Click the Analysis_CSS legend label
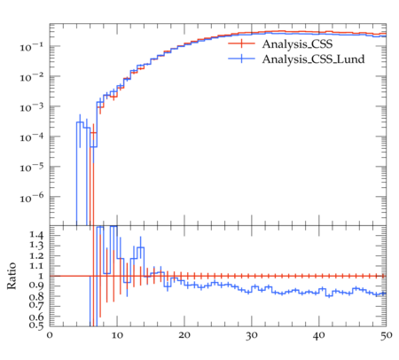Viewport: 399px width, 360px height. click(x=297, y=44)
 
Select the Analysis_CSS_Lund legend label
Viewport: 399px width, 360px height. click(x=313, y=59)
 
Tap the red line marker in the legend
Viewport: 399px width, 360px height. click(x=241, y=43)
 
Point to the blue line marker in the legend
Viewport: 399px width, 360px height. click(x=241, y=59)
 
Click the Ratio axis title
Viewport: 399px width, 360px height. click(x=12, y=276)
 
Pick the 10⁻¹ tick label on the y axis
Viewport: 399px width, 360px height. click(x=32, y=47)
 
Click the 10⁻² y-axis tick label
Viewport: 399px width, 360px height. click(x=32, y=77)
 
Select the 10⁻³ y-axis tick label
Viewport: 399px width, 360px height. click(x=32, y=107)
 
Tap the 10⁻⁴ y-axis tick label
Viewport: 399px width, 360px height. click(x=32, y=137)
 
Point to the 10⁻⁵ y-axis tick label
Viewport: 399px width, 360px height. click(x=32, y=167)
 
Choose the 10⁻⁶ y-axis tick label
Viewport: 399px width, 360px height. click(x=32, y=197)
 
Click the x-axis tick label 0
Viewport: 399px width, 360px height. click(x=50, y=336)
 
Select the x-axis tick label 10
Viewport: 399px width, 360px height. click(x=117, y=336)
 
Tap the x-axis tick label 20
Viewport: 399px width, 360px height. click(x=184, y=336)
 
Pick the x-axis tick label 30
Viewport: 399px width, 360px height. click(x=252, y=336)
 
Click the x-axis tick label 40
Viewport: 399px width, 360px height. click(x=319, y=336)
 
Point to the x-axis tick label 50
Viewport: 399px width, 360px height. click(x=387, y=336)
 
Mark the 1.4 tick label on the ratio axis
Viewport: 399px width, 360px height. click(x=36, y=236)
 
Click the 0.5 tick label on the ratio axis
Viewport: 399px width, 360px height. click(x=36, y=325)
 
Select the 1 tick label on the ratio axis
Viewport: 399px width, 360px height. click(x=40, y=276)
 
